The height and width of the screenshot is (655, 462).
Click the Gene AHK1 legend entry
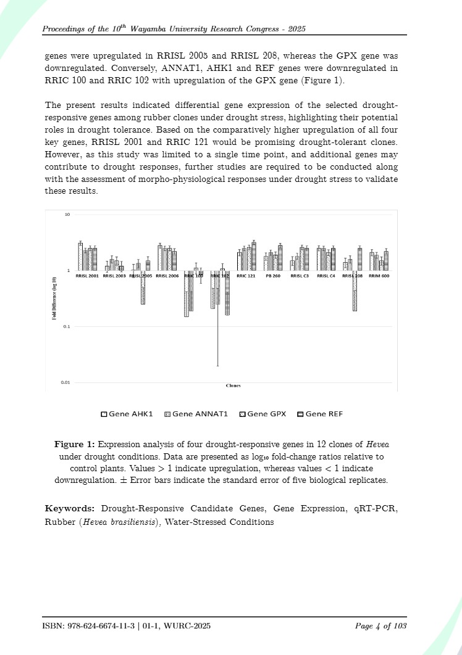[x=127, y=414]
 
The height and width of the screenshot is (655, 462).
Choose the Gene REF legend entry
[x=320, y=414]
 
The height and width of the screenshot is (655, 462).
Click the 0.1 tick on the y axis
[x=66, y=326]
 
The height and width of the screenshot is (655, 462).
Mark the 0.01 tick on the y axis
[x=65, y=382]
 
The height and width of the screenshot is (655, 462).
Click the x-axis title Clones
[x=233, y=385]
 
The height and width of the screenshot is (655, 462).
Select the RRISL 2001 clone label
[x=87, y=276]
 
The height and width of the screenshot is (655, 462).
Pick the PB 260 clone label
[x=273, y=276]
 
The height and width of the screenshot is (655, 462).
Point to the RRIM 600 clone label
[x=379, y=276]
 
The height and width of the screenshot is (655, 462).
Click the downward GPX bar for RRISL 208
[x=355, y=290]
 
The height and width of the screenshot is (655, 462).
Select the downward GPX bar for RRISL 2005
[x=143, y=287]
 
